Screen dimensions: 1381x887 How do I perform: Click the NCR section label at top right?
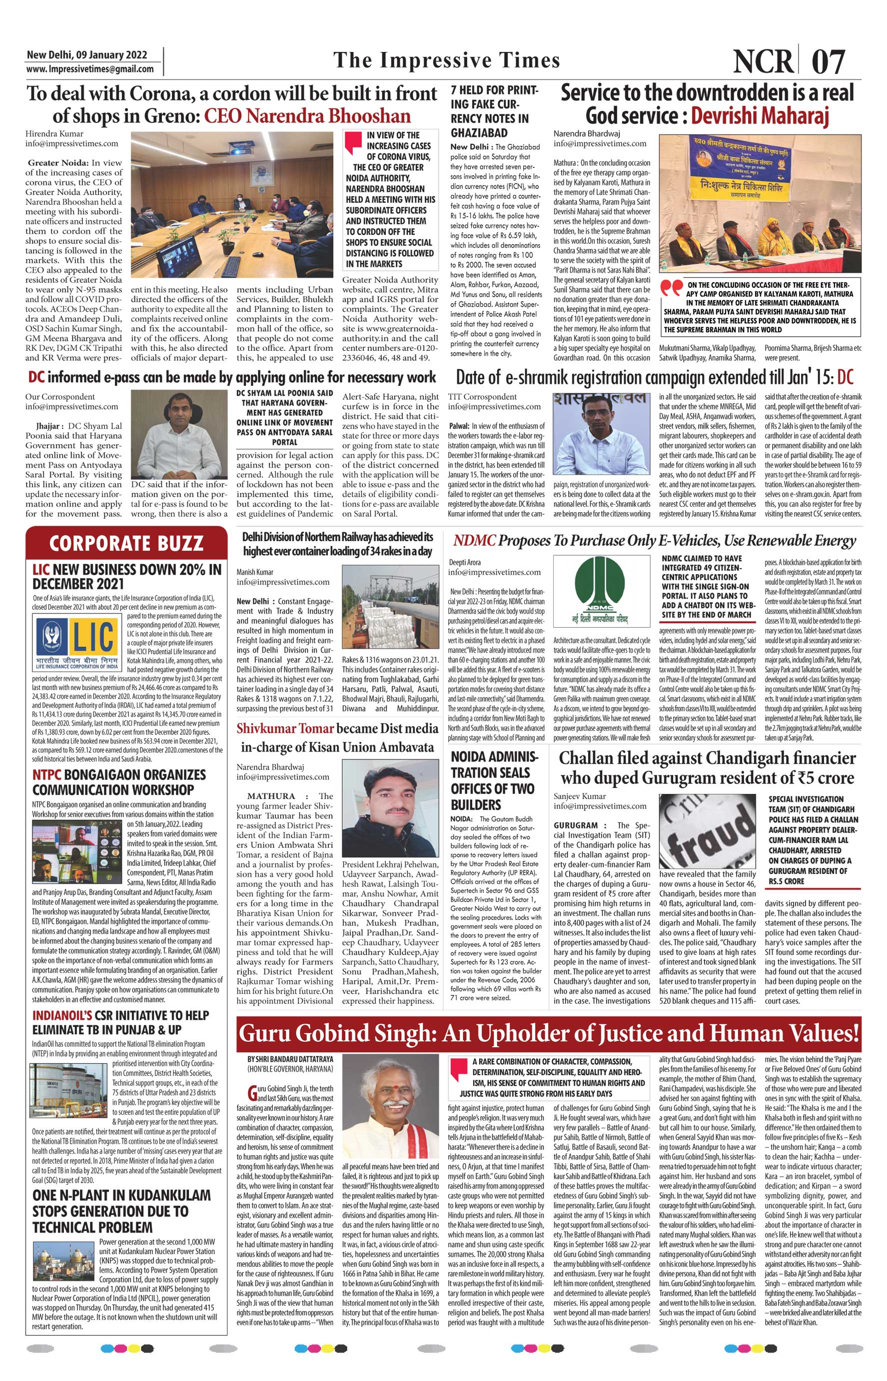(x=763, y=61)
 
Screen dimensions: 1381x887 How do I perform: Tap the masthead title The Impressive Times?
(x=446, y=60)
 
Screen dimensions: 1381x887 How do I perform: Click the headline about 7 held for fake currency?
(x=494, y=111)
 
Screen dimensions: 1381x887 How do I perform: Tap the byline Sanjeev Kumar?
(x=580, y=795)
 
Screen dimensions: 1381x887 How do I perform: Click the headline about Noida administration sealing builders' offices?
(x=493, y=780)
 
